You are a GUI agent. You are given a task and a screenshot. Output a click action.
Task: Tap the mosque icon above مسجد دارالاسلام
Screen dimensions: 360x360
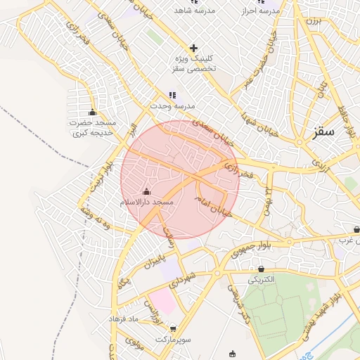point(146,191)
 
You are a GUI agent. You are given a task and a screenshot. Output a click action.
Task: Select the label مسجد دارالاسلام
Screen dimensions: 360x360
point(147,202)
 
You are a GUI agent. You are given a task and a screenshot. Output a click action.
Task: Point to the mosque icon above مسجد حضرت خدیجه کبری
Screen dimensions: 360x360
point(92,112)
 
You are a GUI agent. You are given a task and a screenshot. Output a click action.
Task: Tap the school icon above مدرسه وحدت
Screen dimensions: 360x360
point(173,95)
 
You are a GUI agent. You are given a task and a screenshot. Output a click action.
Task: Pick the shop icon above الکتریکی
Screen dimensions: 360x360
point(262,269)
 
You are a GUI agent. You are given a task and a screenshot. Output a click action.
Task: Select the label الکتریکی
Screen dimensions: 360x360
point(262,279)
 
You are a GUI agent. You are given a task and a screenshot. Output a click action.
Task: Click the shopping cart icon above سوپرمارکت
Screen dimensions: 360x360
point(173,329)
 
